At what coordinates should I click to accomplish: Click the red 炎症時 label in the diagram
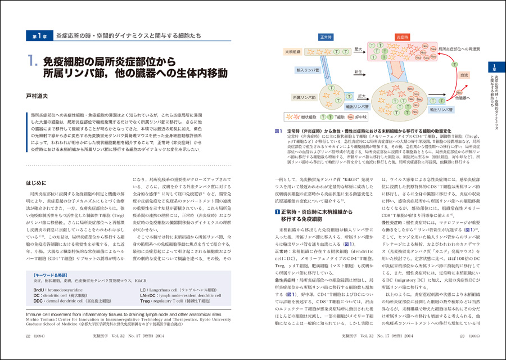pos(403,37)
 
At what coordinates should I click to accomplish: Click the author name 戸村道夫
pos(40,96)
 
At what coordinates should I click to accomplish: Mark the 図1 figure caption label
pos(278,131)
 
